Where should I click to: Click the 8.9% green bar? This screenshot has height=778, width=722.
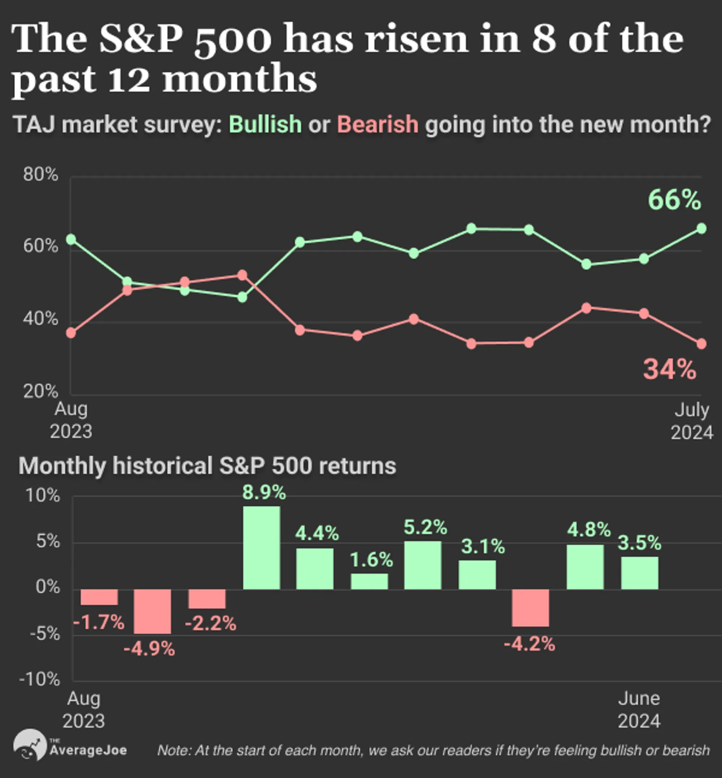pos(261,548)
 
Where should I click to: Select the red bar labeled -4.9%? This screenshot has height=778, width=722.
pos(152,611)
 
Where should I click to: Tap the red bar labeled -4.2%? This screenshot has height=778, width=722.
pos(531,608)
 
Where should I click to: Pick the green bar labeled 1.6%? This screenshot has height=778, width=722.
pos(369,581)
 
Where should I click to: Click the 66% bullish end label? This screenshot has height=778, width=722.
pos(674,200)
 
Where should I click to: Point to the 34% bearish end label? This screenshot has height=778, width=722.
pos(670,369)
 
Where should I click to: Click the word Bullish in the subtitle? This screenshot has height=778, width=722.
pos(265,124)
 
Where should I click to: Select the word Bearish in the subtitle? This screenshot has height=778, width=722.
pos(377,124)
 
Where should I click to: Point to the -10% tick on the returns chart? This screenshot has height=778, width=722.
pos(40,680)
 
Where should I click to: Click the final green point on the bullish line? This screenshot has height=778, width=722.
pos(701,229)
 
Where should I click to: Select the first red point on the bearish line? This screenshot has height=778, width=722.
pos(71,333)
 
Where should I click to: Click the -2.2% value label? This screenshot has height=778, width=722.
pos(210,623)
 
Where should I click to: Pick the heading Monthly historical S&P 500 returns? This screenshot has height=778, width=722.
pos(208,466)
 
